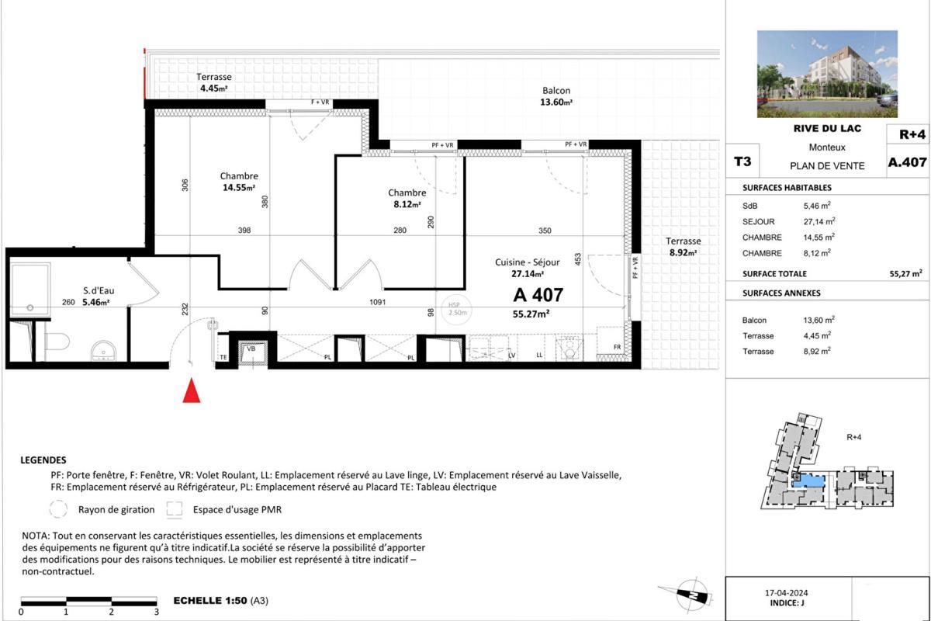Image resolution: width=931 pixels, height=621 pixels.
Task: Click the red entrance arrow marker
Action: coord(191,390)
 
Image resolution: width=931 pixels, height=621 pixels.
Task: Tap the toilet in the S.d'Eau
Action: coord(57,340)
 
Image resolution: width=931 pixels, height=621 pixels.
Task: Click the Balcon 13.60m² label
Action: coord(556,96)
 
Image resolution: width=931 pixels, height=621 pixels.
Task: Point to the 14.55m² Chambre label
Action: coord(238,182)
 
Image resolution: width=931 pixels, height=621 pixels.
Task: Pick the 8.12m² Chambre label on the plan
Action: coord(407,199)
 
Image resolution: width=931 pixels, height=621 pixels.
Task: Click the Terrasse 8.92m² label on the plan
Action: coord(682,246)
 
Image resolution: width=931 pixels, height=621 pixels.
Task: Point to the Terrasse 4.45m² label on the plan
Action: coord(213,82)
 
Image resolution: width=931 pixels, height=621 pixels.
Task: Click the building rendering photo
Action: coord(827,74)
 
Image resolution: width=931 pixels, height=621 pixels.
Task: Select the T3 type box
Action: coord(742,162)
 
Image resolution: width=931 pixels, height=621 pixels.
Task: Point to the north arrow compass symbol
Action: coord(688,595)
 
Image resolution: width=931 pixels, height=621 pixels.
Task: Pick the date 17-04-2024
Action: coord(787,593)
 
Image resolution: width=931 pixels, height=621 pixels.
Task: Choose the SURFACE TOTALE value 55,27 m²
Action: coord(905,273)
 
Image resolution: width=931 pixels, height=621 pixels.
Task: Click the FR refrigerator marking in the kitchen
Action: coord(617,347)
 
